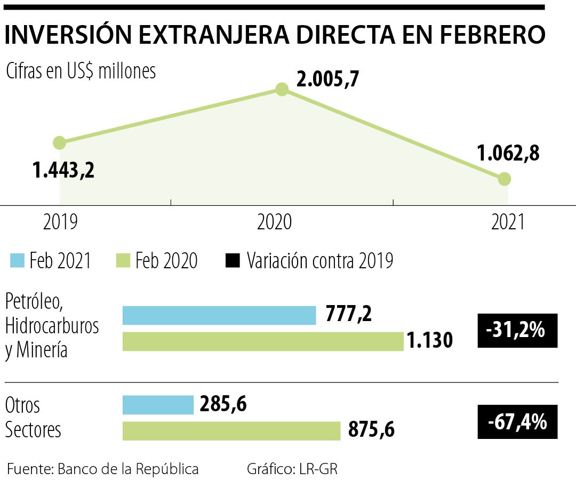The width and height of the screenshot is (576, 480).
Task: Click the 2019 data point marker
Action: point(60,142)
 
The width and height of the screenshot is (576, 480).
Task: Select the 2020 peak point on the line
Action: point(282,89)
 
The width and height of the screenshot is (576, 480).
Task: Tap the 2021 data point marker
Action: point(505,179)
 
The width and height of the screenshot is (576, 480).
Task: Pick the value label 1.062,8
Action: point(508,153)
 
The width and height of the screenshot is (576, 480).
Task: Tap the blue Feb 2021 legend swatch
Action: point(17,261)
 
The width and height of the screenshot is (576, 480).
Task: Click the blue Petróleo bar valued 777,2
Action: point(219,315)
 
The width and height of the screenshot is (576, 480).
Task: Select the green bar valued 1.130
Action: point(263,341)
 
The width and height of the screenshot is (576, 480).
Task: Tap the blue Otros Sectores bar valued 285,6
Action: point(158,405)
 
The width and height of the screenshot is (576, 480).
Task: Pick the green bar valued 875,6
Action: point(231,431)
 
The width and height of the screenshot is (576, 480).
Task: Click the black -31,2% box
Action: point(517,331)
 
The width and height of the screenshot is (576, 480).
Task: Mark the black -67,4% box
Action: point(517,422)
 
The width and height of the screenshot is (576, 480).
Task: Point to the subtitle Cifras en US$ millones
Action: point(81,71)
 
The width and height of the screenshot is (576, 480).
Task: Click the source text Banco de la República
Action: point(128,469)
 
